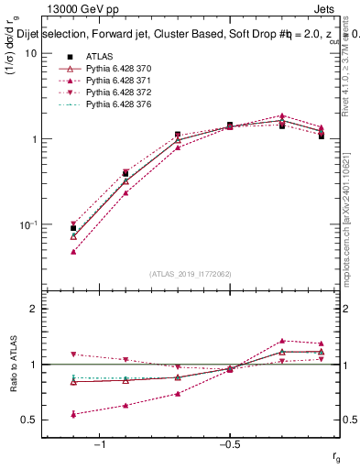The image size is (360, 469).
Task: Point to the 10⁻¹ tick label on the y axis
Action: [x=27, y=225]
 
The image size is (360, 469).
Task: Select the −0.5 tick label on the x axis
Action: [x=229, y=444]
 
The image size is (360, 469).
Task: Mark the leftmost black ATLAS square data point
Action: [x=73, y=228]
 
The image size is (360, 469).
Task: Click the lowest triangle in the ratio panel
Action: [x=73, y=414]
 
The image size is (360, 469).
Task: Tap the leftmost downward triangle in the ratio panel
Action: [x=73, y=354]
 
